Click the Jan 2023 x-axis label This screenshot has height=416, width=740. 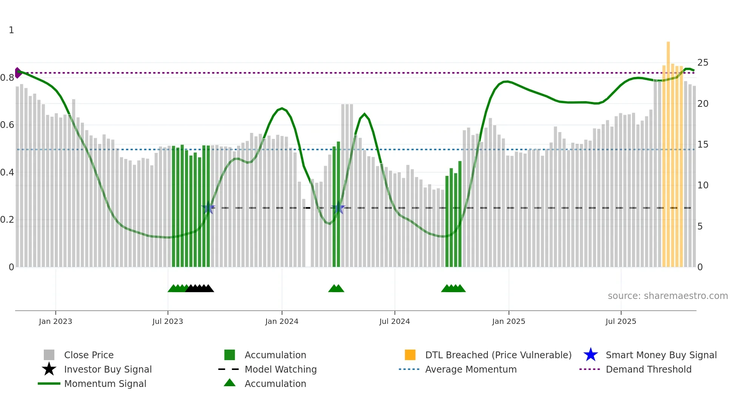tap(55, 321)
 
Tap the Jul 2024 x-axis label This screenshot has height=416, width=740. tap(395, 321)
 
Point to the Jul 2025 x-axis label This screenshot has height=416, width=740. tap(621, 321)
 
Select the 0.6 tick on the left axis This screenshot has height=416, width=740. tap(7, 125)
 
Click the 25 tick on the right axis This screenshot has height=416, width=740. tap(703, 63)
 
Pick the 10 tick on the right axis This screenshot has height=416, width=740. tap(703, 185)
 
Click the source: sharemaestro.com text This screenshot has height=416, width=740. tap(668, 296)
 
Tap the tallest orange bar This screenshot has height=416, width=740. tap(668, 151)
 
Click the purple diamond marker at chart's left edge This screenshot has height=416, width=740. tap(18, 73)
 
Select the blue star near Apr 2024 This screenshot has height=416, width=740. tap(338, 208)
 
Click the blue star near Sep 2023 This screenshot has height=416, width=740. tap(208, 208)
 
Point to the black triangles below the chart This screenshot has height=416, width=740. tap(200, 288)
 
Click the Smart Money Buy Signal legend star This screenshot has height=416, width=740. tap(590, 355)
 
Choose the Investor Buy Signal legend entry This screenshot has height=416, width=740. tap(108, 369)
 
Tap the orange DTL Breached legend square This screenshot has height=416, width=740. tap(410, 355)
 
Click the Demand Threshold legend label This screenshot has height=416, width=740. tap(648, 369)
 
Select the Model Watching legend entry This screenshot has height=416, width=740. tap(280, 369)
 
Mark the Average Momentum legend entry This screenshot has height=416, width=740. tap(470, 369)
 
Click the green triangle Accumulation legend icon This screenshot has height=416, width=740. tap(230, 383)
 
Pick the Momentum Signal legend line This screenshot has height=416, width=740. tap(49, 384)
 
